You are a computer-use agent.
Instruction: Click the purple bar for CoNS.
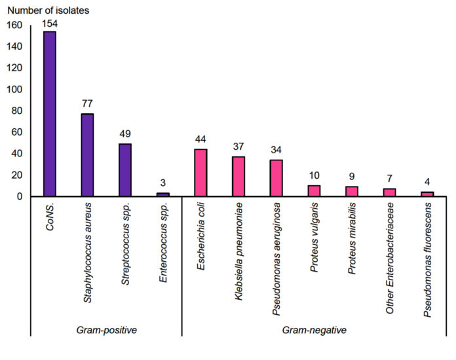49,114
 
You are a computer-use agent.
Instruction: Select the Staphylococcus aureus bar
87,155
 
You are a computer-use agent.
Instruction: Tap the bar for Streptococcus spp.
124,170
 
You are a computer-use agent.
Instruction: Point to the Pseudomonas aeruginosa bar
276,178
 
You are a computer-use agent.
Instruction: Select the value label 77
87,103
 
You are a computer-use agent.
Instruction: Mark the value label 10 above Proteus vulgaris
314,175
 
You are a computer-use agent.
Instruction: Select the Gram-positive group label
106,331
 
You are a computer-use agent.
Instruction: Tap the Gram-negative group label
314,331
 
